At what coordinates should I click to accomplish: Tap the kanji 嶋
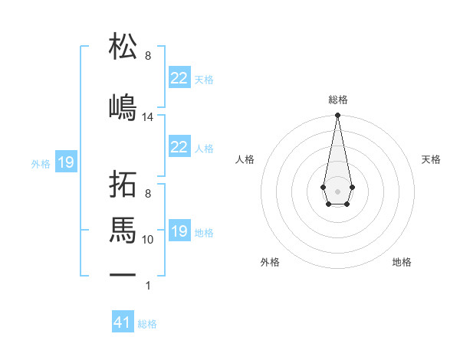coord(123,106)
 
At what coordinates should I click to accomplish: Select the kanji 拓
coord(123,186)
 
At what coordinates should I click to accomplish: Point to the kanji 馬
coord(123,230)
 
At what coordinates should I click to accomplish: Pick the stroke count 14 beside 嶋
coord(148,117)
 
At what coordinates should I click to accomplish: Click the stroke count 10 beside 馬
coord(148,240)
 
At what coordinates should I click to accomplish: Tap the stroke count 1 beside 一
coord(148,286)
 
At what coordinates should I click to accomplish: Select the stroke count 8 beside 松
coord(148,56)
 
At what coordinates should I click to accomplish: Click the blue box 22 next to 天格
coord(179,78)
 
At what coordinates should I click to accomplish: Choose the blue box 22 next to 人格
coord(179,147)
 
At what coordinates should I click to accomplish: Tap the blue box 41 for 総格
coord(123,323)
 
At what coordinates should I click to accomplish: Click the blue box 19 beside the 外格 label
coord(65,162)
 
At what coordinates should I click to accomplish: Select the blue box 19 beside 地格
coord(179,231)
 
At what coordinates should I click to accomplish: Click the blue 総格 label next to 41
coord(147,324)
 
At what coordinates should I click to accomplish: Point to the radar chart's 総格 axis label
coord(337,100)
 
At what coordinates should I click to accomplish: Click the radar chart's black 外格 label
coord(270,262)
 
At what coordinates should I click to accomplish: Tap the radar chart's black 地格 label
coord(402,262)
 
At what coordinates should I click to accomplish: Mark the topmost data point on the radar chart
coord(337,116)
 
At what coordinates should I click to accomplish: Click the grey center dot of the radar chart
coord(337,190)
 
